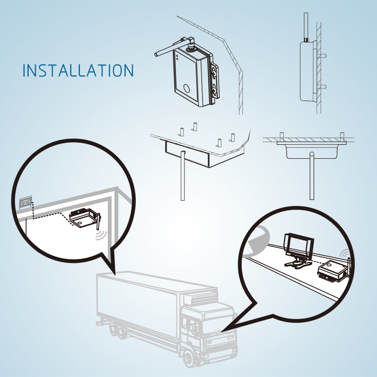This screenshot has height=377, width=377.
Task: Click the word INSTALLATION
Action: [x=78, y=70]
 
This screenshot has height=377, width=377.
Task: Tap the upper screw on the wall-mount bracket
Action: [x=215, y=73]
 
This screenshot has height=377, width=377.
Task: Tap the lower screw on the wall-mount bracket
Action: [x=215, y=91]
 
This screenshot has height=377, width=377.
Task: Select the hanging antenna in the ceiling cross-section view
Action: [x=312, y=176]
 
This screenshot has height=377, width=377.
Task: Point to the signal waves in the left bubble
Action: [x=103, y=234]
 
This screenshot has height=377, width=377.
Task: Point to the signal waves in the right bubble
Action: [x=345, y=254]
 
